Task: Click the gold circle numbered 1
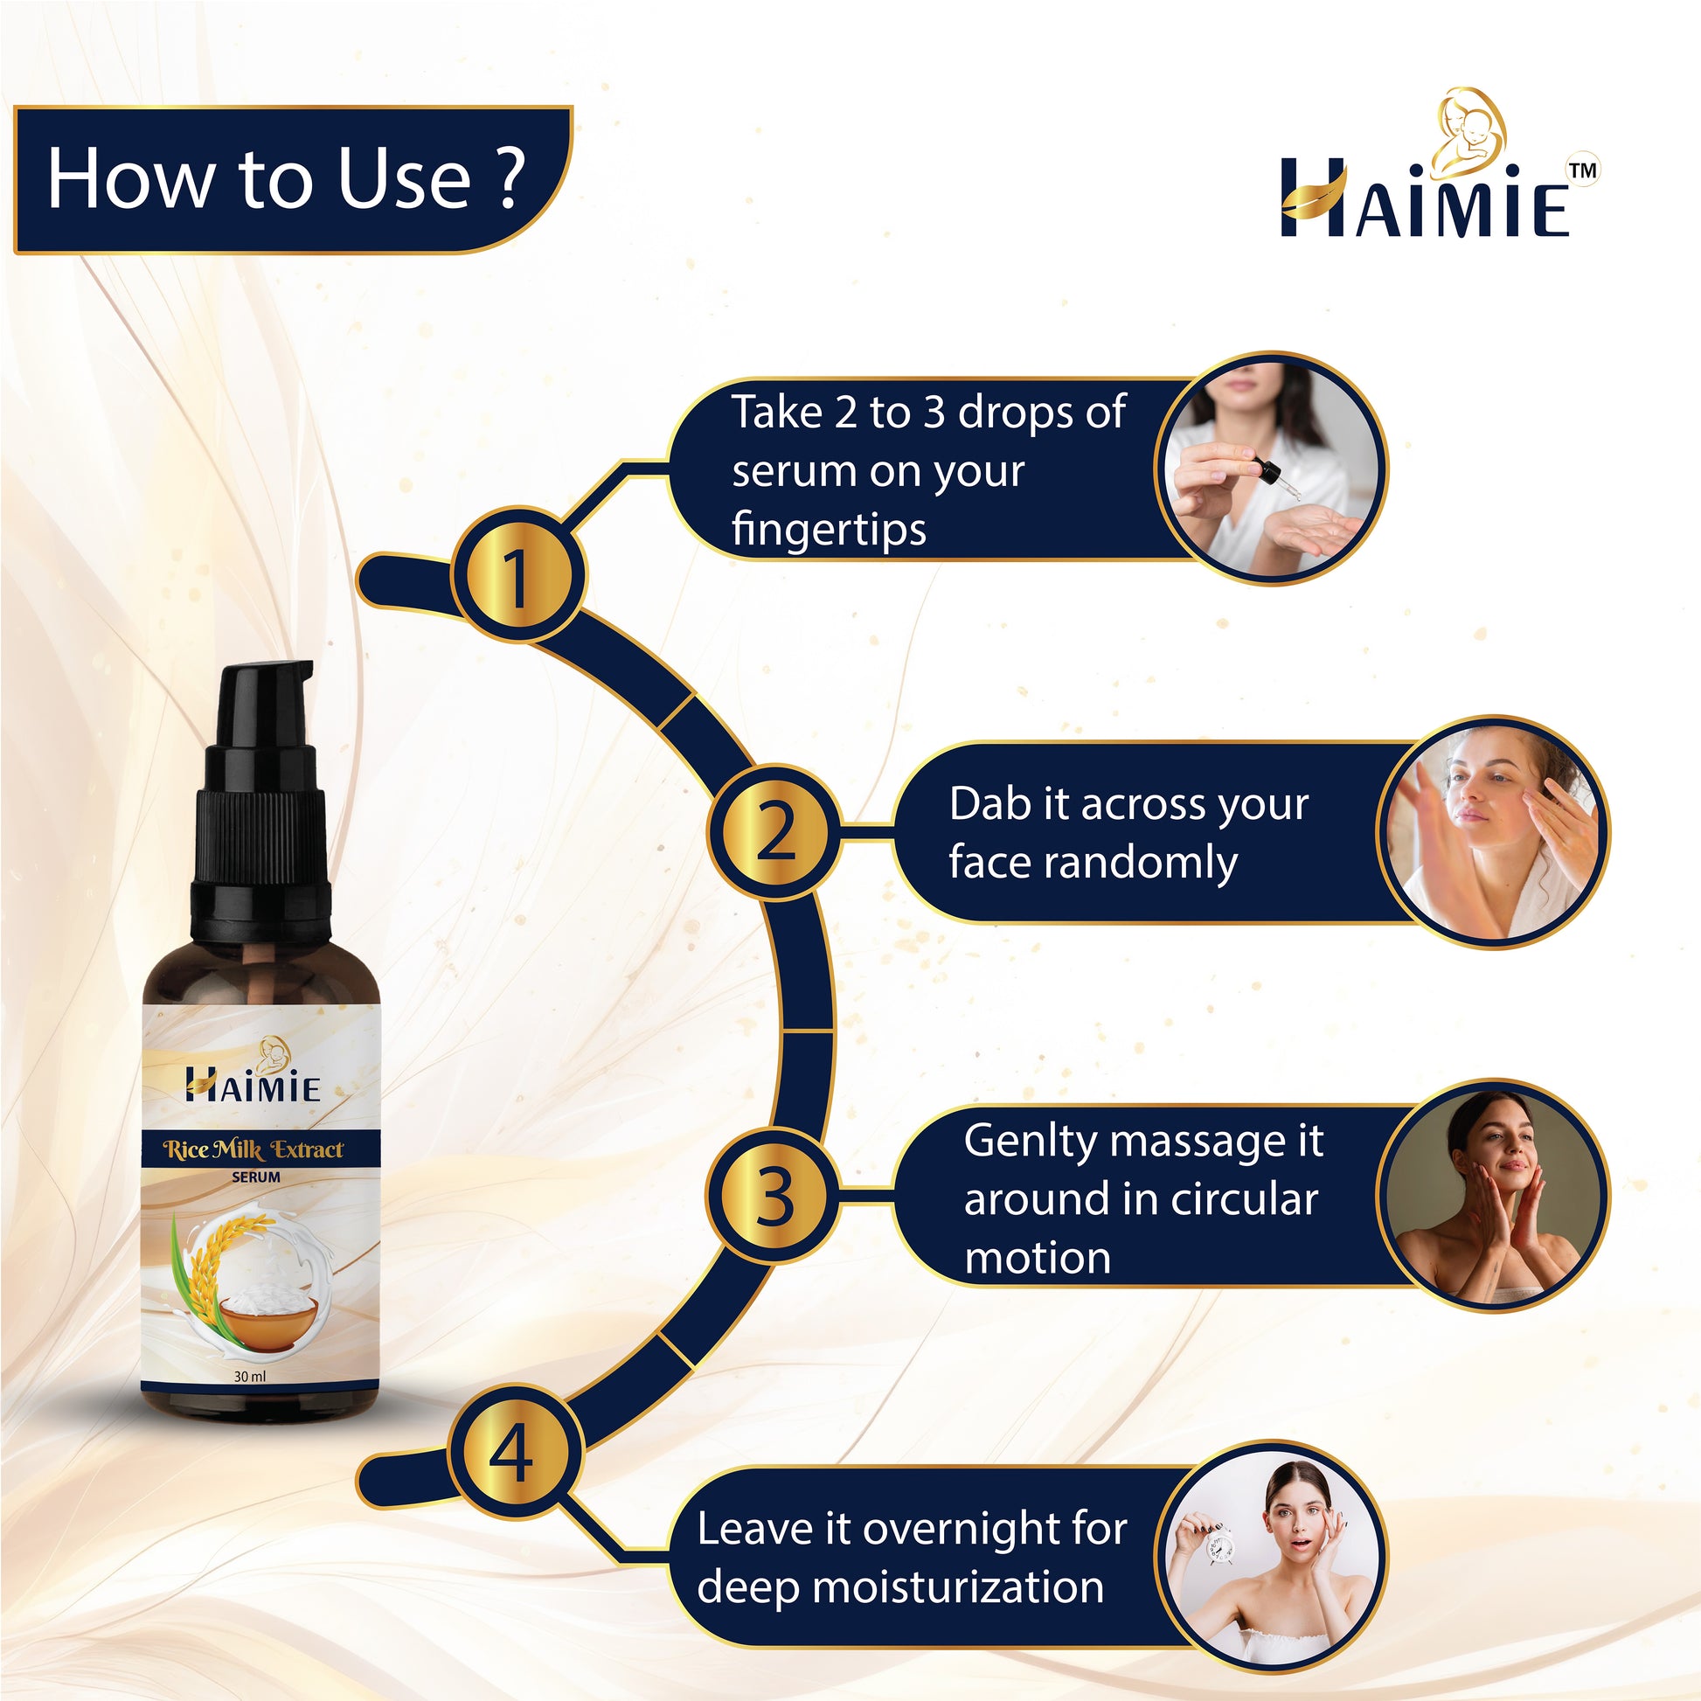[x=517, y=575]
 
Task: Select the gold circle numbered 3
[x=774, y=1198]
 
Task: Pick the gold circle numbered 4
[x=516, y=1453]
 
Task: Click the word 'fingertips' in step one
[x=829, y=530]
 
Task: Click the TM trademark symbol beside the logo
[x=1583, y=170]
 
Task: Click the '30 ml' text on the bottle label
[x=250, y=1376]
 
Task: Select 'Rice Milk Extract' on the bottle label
[x=253, y=1149]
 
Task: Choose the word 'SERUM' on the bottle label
[x=256, y=1177]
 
